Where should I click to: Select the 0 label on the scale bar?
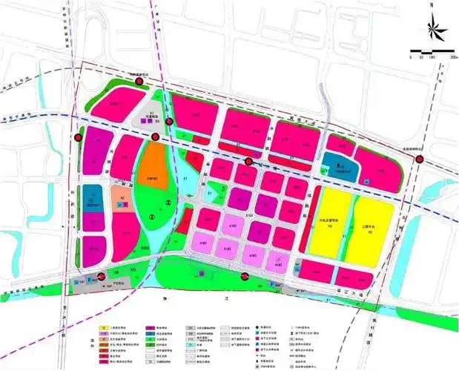[x=412, y=57]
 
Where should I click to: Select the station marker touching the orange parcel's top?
[x=155, y=138]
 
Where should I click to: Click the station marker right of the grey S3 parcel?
[x=171, y=122]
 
